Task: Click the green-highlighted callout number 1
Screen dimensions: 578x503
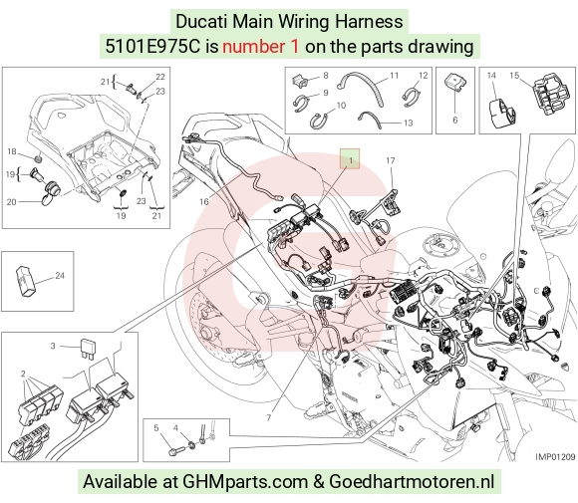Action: [350, 159]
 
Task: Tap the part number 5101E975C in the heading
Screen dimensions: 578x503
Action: [152, 47]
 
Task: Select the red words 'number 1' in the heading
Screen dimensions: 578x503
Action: [260, 47]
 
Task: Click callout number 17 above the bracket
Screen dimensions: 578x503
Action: [391, 160]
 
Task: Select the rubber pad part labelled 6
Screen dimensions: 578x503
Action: [454, 84]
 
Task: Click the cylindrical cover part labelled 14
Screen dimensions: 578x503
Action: [501, 113]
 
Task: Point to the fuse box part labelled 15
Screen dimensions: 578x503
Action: [549, 95]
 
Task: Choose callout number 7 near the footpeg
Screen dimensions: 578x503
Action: [269, 417]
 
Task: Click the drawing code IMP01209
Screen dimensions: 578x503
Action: [555, 457]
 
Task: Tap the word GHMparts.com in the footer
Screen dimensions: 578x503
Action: [245, 482]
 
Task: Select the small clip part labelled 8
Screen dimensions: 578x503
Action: [300, 81]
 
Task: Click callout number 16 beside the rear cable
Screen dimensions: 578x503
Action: [204, 201]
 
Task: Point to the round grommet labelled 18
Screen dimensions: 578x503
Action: [37, 158]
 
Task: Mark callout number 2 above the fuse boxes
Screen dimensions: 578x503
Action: [23, 374]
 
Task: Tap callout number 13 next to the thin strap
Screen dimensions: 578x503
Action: [408, 123]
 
